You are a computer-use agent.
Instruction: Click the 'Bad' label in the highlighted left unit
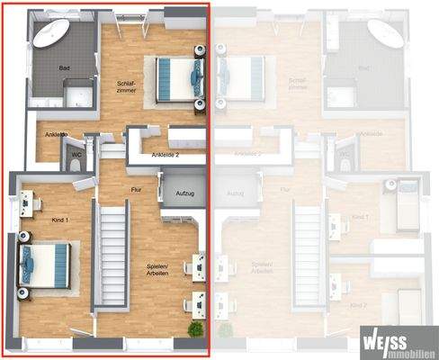(x=64, y=68)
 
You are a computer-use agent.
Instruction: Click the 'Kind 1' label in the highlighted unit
(x=61, y=219)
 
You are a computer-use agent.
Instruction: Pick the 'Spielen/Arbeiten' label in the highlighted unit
(x=163, y=270)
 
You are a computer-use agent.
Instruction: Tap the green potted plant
(x=194, y=329)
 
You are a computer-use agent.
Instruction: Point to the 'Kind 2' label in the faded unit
(x=363, y=306)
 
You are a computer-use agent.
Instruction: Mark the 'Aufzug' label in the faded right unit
(x=237, y=193)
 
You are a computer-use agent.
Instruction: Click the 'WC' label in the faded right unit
(x=344, y=155)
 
